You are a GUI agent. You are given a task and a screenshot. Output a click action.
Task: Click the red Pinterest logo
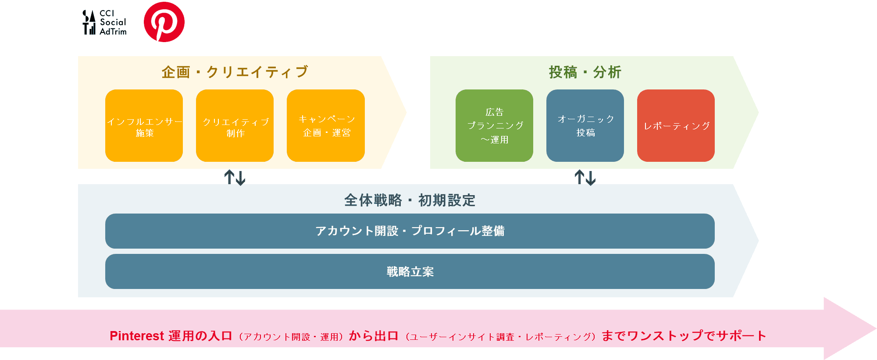[x=164, y=22]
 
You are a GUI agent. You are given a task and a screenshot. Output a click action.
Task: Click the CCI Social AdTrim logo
[x=105, y=22]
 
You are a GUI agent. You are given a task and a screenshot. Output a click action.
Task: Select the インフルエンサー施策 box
[x=144, y=126]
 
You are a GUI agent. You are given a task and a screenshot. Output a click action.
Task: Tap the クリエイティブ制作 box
[x=235, y=126]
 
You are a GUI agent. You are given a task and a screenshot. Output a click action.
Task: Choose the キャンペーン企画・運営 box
[x=326, y=126]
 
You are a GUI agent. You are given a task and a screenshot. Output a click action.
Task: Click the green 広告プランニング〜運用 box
[x=494, y=126]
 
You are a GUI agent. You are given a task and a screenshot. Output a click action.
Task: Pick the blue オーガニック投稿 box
[x=585, y=126]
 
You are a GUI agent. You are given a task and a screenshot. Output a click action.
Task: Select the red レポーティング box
[x=676, y=126]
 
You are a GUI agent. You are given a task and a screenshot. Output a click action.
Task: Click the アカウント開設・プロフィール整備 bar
[x=410, y=231]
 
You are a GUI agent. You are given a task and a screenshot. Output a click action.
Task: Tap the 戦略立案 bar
[x=410, y=271]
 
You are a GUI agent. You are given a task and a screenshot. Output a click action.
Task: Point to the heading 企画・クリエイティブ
[x=235, y=72]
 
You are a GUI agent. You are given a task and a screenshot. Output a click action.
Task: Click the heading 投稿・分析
[x=585, y=72]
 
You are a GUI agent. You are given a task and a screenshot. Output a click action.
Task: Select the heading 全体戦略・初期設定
[x=410, y=200]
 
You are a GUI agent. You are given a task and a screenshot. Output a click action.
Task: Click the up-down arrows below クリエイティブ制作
[x=235, y=178]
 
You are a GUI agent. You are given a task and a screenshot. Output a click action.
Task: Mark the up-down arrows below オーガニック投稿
[x=585, y=178]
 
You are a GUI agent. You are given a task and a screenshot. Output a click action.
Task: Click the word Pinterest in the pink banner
[x=136, y=336]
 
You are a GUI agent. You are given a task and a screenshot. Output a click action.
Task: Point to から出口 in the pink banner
[x=374, y=336]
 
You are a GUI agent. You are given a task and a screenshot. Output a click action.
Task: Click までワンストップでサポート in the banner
[x=684, y=336]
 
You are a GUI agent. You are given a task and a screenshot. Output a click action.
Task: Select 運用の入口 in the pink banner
[x=200, y=336]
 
